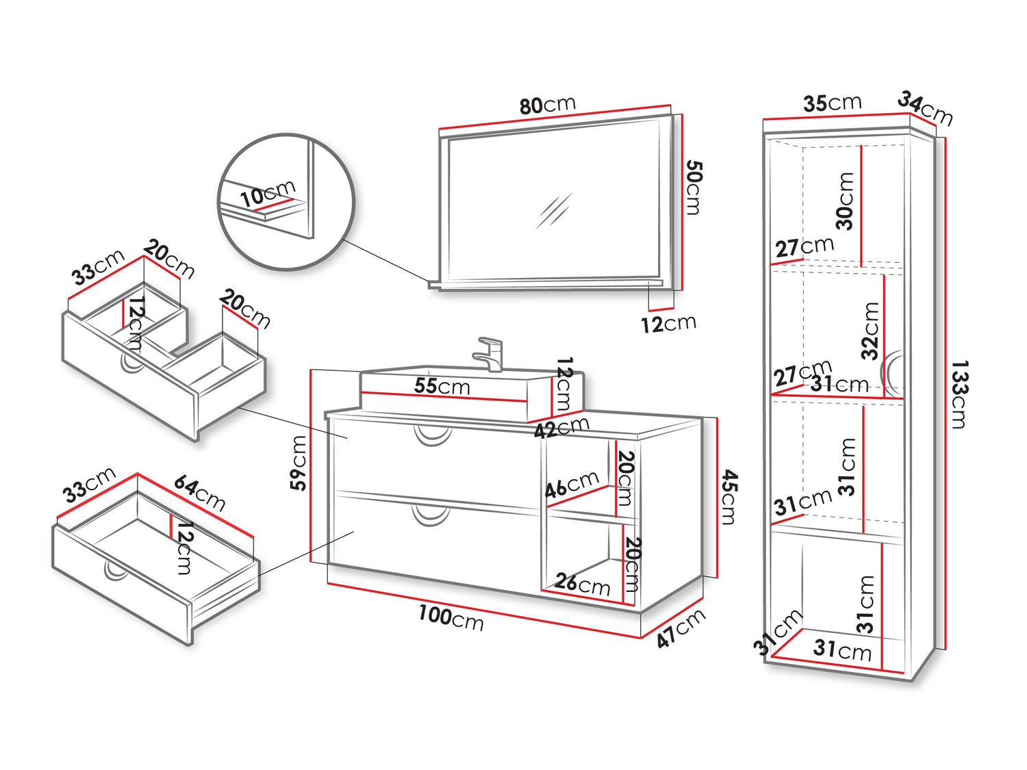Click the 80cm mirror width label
click(x=547, y=105)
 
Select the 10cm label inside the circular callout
click(x=267, y=194)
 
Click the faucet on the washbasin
click(x=490, y=353)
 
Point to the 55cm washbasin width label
click(x=442, y=386)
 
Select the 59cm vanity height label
click(x=299, y=463)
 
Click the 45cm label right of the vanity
click(x=728, y=497)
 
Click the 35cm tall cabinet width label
click(x=832, y=103)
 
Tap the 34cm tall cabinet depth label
click(x=925, y=108)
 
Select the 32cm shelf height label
click(x=870, y=331)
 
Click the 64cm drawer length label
click(x=199, y=493)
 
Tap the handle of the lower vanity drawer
click(x=431, y=515)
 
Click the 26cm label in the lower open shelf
click(x=582, y=583)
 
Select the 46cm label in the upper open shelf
click(x=572, y=485)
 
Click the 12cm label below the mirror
click(x=668, y=323)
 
